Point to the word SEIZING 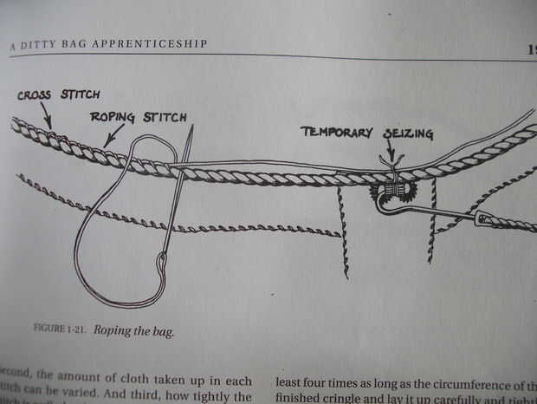tap(404, 133)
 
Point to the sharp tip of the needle tap(191, 127)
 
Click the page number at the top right tap(530, 50)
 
